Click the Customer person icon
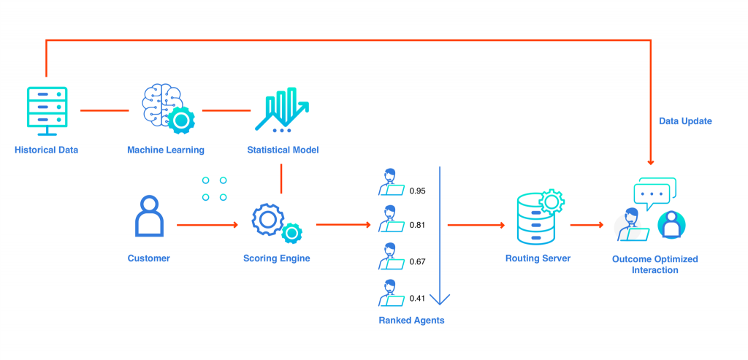pos(149,216)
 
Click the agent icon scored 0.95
pos(391,183)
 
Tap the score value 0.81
pos(417,226)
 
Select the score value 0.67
pos(417,261)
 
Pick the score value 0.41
pos(417,298)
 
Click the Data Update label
pos(684,121)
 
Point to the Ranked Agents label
pos(411,320)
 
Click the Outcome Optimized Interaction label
pos(654,264)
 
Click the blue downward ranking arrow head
pos(440,299)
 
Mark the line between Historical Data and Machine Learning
pos(104,111)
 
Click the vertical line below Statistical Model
pos(281,179)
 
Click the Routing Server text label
pos(538,258)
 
